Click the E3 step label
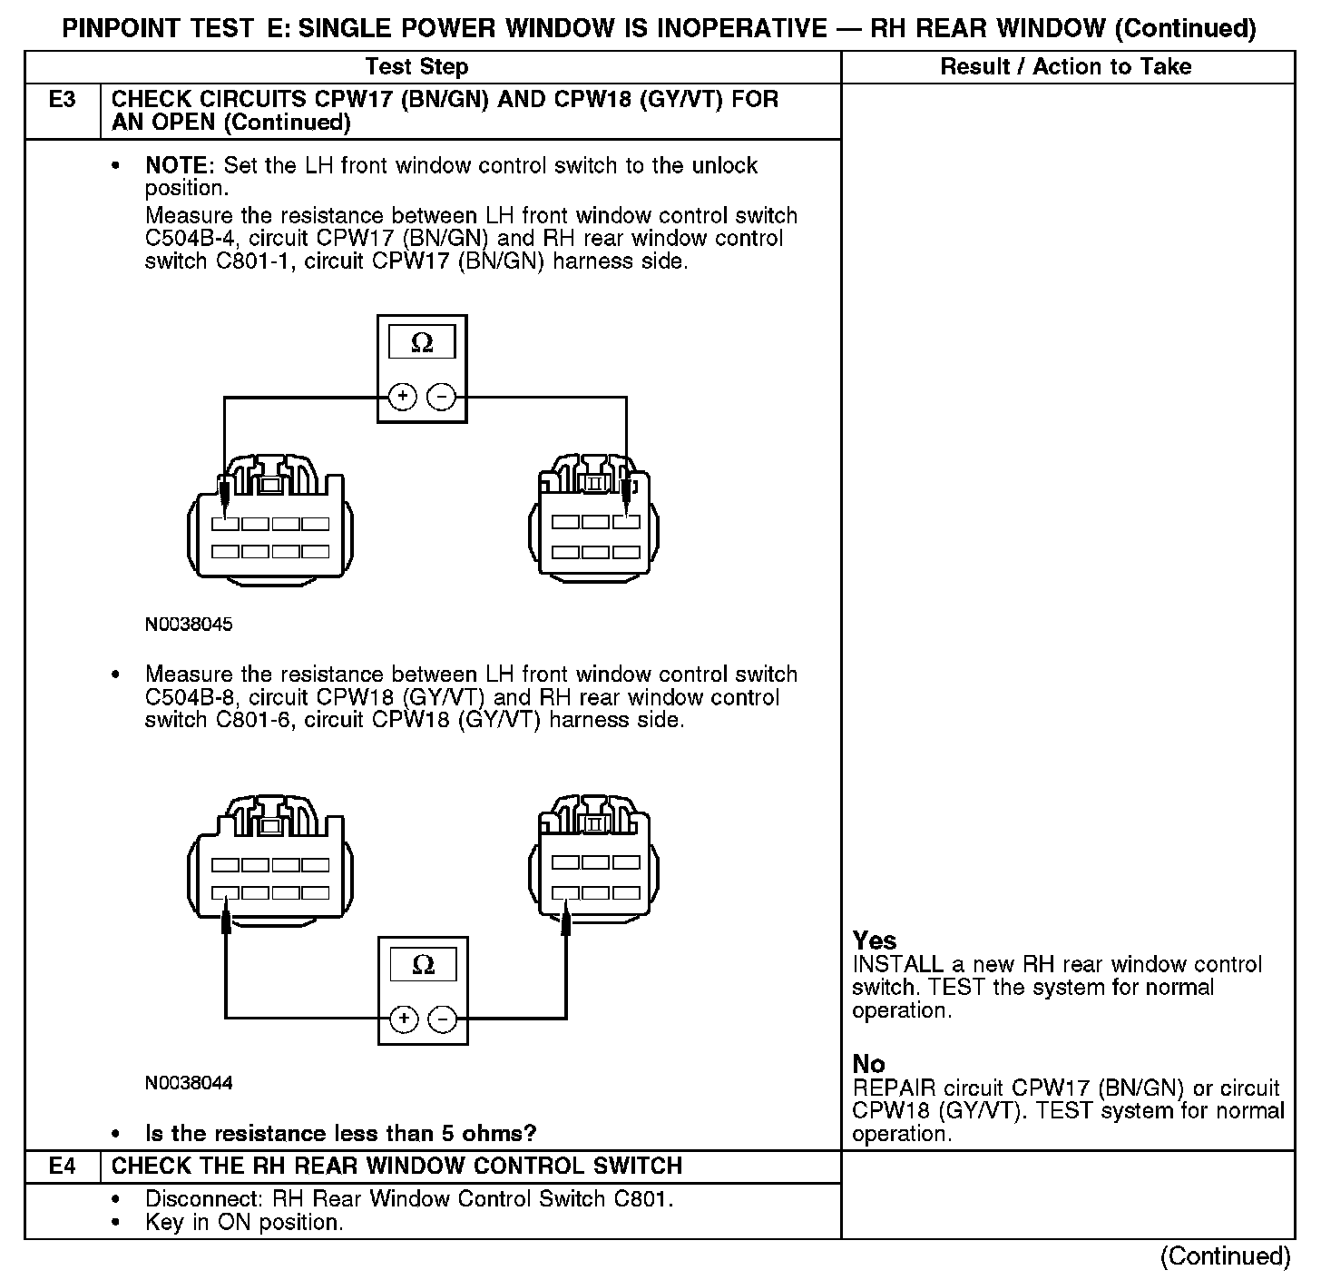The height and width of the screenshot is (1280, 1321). click(x=62, y=99)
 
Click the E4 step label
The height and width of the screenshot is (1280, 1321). click(x=62, y=1166)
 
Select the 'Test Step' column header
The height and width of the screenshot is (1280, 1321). click(x=416, y=66)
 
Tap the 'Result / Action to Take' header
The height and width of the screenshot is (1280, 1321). click(x=1066, y=66)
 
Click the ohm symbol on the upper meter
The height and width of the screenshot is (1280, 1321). click(x=422, y=342)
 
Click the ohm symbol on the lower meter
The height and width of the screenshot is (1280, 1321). click(x=423, y=964)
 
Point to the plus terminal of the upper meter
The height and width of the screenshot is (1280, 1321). click(x=403, y=397)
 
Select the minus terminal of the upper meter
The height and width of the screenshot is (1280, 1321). click(x=441, y=397)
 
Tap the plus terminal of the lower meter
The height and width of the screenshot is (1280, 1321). click(x=404, y=1019)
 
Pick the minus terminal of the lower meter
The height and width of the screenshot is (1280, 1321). click(x=442, y=1019)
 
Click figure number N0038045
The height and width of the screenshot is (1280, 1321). click(x=189, y=625)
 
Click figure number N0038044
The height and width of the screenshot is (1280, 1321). click(x=189, y=1083)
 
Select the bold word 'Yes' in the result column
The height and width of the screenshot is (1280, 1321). click(x=875, y=940)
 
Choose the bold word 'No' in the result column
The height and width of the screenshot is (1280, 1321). click(x=868, y=1064)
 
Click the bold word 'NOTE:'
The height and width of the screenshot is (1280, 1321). click(x=181, y=166)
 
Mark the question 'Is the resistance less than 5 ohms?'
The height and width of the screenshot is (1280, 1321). click(x=341, y=1133)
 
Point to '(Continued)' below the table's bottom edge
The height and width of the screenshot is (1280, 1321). click(x=1225, y=1255)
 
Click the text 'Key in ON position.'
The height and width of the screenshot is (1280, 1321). click(x=244, y=1222)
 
